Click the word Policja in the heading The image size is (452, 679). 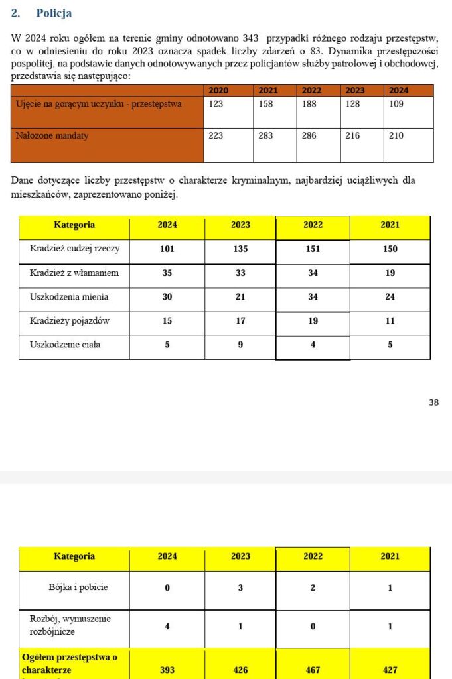(54, 13)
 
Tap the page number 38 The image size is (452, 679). (433, 402)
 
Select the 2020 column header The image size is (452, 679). (218, 90)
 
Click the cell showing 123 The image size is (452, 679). (216, 104)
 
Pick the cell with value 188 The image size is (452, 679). (310, 104)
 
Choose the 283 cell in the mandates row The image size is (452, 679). (265, 135)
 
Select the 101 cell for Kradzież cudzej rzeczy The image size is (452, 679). (167, 249)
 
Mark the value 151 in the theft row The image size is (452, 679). (313, 249)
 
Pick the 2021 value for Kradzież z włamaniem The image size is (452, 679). (390, 273)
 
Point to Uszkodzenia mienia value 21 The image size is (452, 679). (240, 296)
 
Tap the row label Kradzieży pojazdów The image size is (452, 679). (70, 320)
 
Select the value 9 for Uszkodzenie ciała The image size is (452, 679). (240, 344)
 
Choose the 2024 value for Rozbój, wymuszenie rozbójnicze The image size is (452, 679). (167, 625)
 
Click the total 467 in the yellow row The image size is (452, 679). (313, 670)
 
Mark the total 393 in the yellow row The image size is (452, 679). (167, 670)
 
